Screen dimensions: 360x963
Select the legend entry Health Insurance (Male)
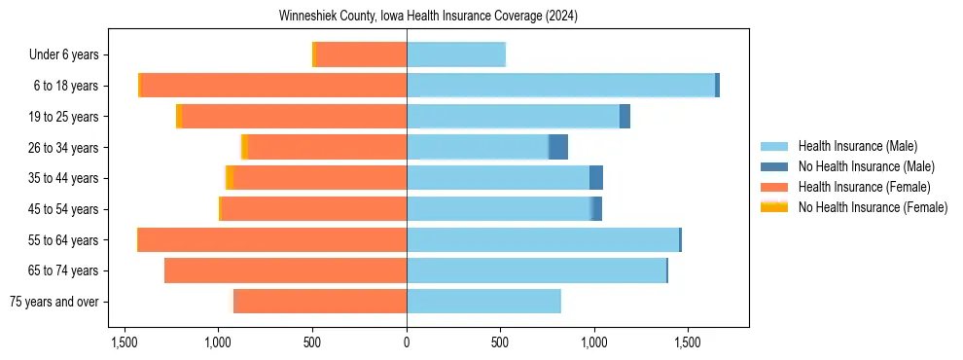click(857, 146)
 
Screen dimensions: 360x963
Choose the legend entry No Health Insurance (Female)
click(873, 207)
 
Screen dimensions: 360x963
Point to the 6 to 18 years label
click(65, 86)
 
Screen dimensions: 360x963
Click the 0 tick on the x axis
click(407, 343)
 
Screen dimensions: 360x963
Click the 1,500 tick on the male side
click(688, 343)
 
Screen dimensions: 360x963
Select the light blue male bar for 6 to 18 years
click(560, 86)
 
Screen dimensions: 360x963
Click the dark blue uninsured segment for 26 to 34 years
click(558, 147)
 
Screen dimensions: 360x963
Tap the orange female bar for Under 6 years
click(361, 54)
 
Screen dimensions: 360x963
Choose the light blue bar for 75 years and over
click(483, 302)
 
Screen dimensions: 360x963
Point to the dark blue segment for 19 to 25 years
click(624, 117)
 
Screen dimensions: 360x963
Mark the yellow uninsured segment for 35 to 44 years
click(230, 178)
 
